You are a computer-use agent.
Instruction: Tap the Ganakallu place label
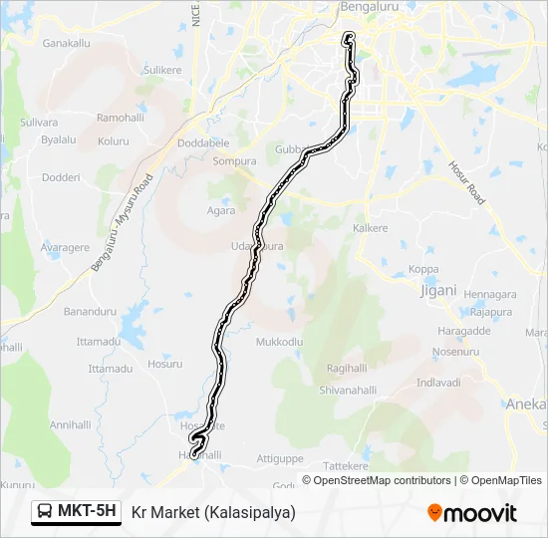66,43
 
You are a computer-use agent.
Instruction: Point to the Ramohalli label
121,118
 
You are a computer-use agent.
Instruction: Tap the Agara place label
221,210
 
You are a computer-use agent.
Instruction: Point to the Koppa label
423,270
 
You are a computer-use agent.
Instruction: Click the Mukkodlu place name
279,342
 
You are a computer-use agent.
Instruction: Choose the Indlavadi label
438,383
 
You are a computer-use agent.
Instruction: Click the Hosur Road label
465,183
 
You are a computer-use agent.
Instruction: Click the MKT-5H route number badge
76,512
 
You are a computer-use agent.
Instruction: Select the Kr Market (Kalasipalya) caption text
213,512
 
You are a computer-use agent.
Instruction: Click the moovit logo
472,513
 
